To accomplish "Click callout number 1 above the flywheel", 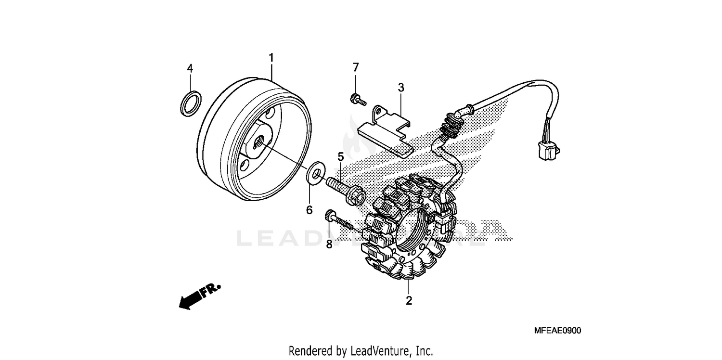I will click(271, 58).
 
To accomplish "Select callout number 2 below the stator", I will click(409, 301).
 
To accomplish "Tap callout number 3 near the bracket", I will click(400, 88).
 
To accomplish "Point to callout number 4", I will click(190, 68).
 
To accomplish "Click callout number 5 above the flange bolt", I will click(340, 157).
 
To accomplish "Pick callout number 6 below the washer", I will click(309, 210).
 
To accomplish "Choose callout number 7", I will click(356, 67).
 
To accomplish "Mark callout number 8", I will click(329, 244).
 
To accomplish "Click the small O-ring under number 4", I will click(190, 103).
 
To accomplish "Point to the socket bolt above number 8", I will click(336, 219).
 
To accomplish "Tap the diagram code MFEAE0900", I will click(557, 331).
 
